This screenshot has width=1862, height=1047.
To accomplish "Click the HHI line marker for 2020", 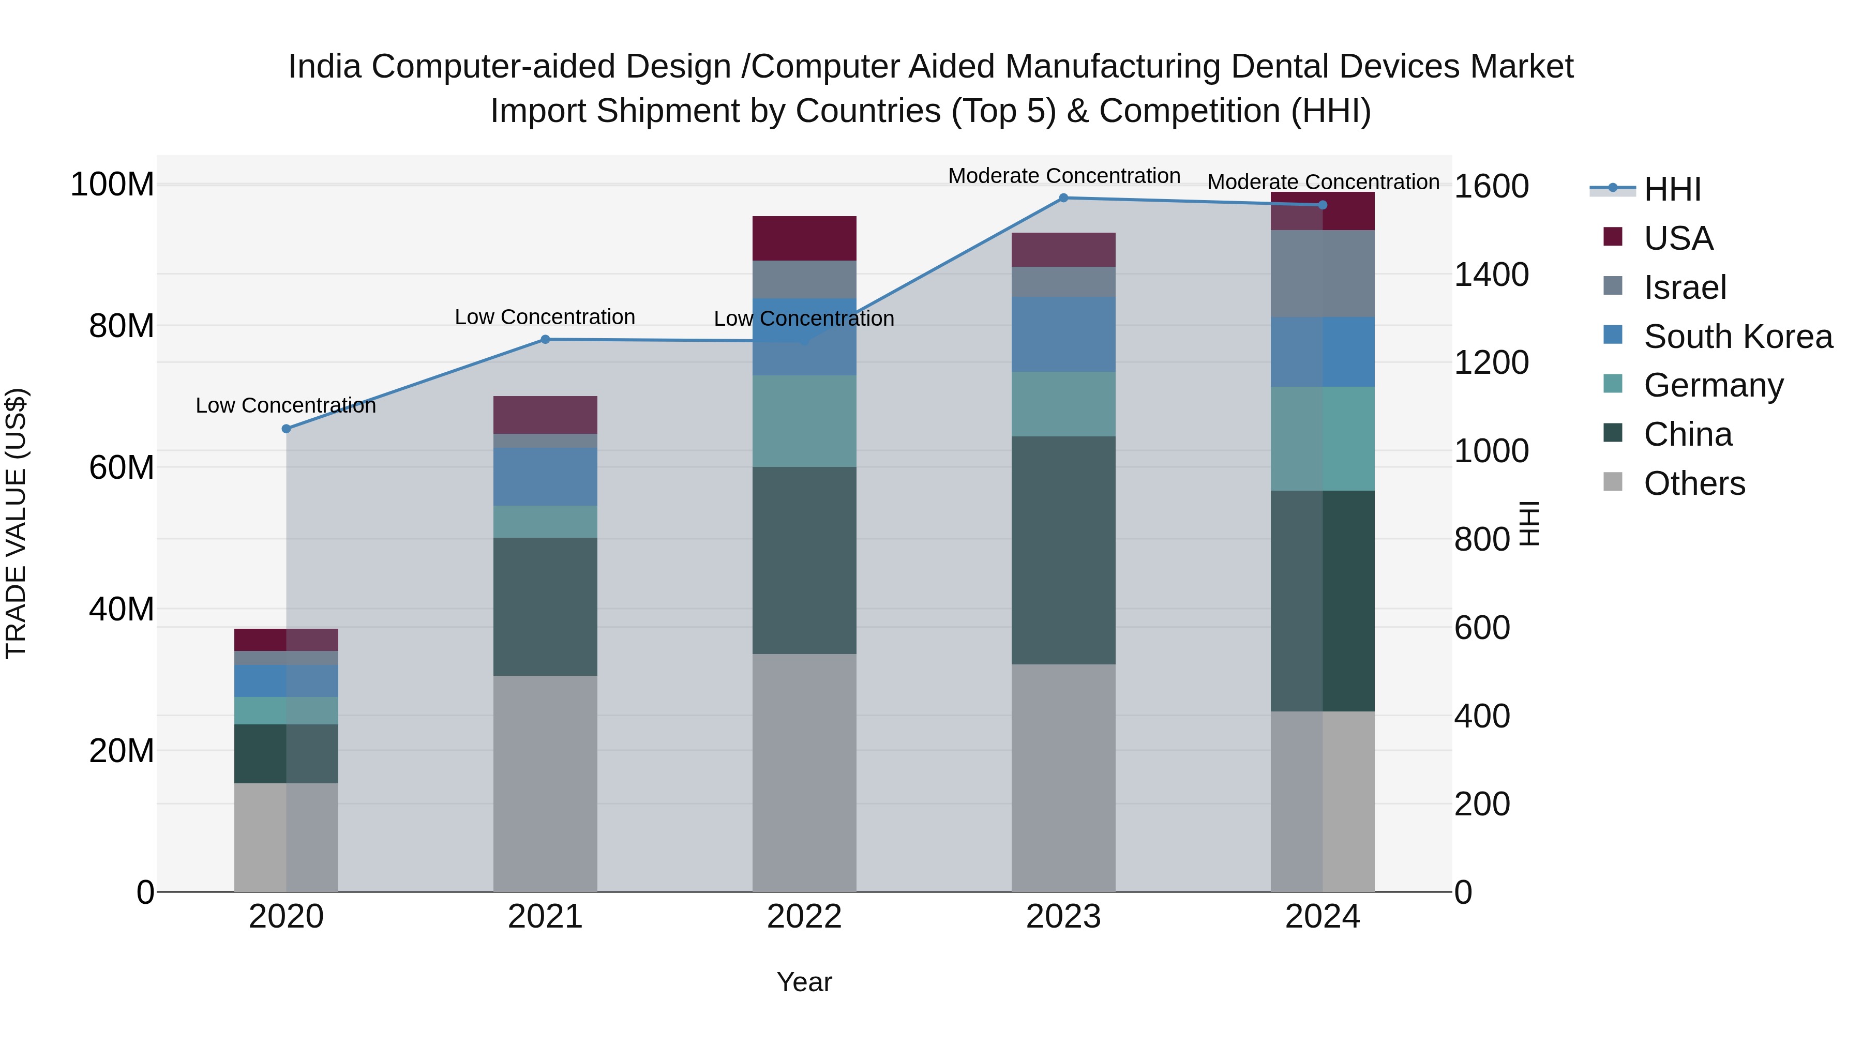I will (286, 429).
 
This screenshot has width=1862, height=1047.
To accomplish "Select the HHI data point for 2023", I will (1063, 198).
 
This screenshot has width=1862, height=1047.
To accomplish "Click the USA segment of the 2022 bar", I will (804, 238).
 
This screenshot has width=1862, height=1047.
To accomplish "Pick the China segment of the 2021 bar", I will (545, 606).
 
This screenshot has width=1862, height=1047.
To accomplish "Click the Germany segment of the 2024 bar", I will (1322, 438).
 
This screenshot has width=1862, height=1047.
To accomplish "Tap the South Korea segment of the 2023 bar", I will (1063, 334).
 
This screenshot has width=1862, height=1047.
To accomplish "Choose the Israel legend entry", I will (1684, 287).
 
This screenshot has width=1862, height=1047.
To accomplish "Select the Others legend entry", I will (1693, 483).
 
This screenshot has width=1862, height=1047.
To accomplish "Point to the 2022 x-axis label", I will (804, 917).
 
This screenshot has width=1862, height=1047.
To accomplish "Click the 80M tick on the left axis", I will (122, 326).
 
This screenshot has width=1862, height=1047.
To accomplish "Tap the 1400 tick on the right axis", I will (1491, 275).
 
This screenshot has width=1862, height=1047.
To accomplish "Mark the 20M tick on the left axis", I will (122, 751).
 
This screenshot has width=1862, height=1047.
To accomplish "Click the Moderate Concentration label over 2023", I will (1063, 176).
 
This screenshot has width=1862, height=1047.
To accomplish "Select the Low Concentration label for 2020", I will (286, 405).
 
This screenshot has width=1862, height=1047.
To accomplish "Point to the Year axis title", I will (804, 982).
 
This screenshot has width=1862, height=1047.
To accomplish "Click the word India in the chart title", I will (324, 67).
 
